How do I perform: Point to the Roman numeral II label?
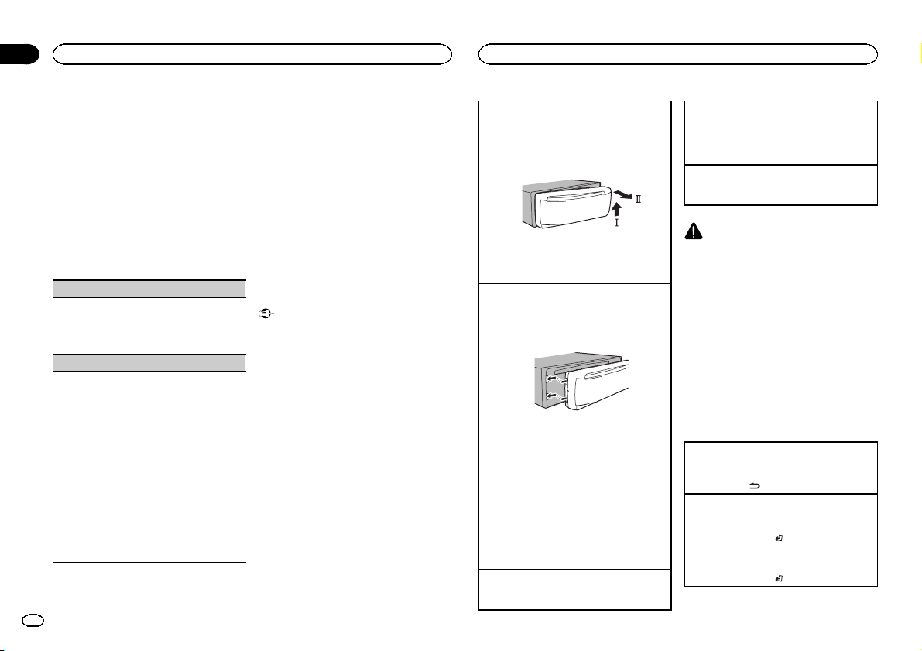click(639, 200)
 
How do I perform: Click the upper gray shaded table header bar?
click(149, 286)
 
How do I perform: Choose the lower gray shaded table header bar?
click(149, 361)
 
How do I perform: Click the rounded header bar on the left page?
click(252, 53)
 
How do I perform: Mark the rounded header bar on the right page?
click(678, 53)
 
